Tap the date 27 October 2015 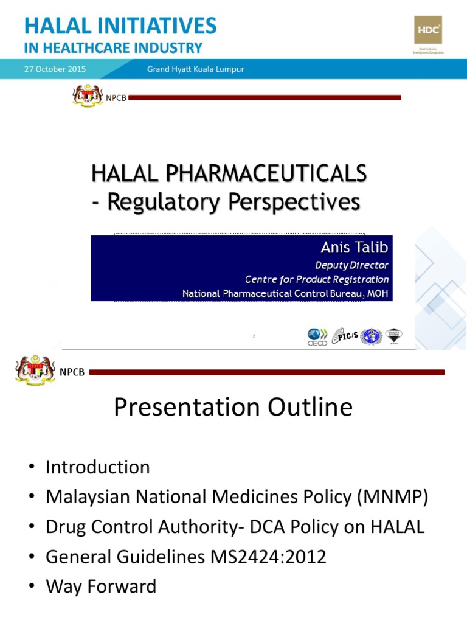click(x=55, y=69)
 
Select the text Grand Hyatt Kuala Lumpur click(x=195, y=69)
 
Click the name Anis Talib click(x=355, y=248)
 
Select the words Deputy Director click(x=351, y=265)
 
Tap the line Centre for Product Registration click(x=317, y=279)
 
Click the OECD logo click(x=317, y=336)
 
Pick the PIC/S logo click(x=344, y=336)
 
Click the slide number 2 click(x=254, y=335)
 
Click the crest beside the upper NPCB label click(x=88, y=97)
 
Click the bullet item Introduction click(x=97, y=467)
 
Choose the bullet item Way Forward click(x=101, y=586)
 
